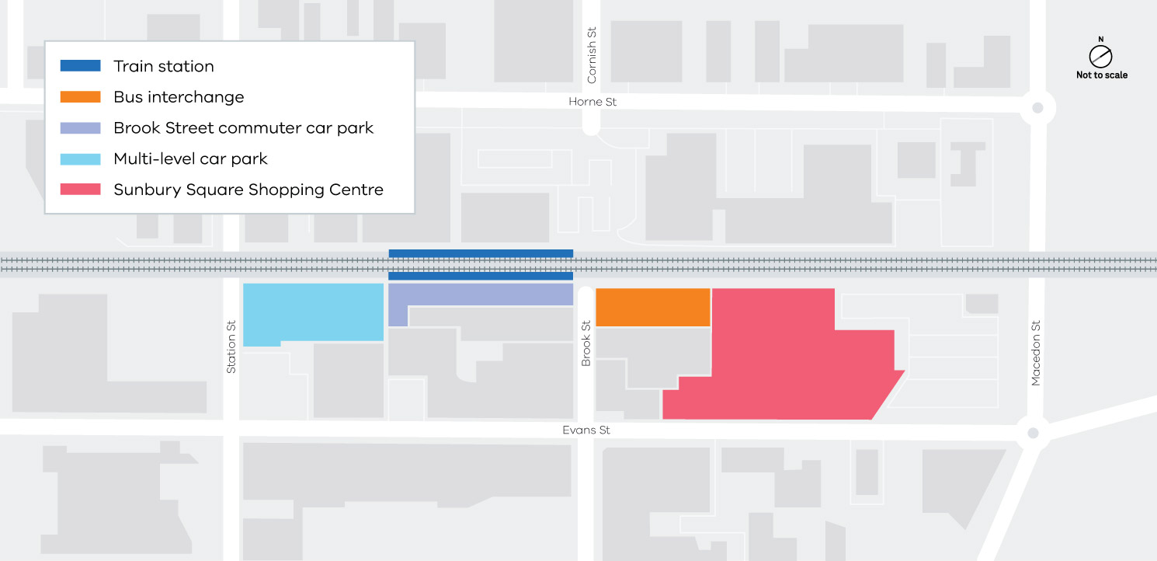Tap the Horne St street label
pos(592,102)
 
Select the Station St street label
pos(231,347)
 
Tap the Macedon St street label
pos(1035,353)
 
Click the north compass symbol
pos(1100,55)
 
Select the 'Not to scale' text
pos(1101,75)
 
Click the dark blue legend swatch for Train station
pos(81,66)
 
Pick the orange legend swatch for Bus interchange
pos(81,97)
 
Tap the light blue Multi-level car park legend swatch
pos(81,159)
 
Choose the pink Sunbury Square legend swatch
pos(81,190)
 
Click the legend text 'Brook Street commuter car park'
pos(243,128)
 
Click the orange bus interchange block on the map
pos(652,307)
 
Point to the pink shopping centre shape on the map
pos(784,357)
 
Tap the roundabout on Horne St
pos(1037,108)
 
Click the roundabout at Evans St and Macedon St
pos(1032,433)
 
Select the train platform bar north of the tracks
pos(481,253)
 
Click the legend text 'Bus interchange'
pos(179,97)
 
